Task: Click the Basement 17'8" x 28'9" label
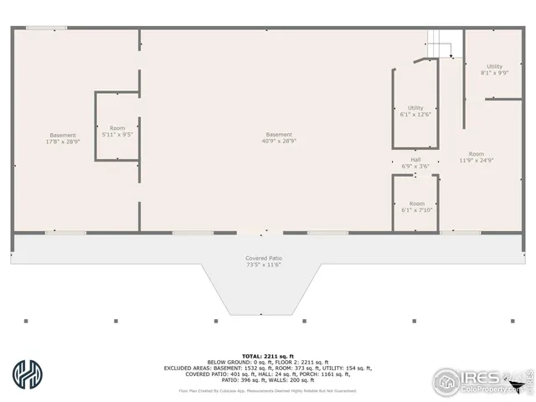(x=63, y=139)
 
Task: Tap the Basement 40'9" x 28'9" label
(x=279, y=138)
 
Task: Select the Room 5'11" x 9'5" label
(x=117, y=131)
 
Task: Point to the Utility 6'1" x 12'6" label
(x=415, y=111)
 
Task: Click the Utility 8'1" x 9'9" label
(x=494, y=70)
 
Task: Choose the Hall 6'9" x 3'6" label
(x=415, y=162)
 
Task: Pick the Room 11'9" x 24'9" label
(x=477, y=157)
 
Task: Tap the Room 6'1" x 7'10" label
(x=416, y=207)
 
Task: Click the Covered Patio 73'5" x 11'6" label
(x=264, y=261)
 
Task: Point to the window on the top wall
(x=46, y=28)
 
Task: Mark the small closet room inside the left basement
(x=117, y=126)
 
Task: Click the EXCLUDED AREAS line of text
(x=268, y=368)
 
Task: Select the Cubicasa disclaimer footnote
(x=268, y=390)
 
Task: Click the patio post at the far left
(x=27, y=321)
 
